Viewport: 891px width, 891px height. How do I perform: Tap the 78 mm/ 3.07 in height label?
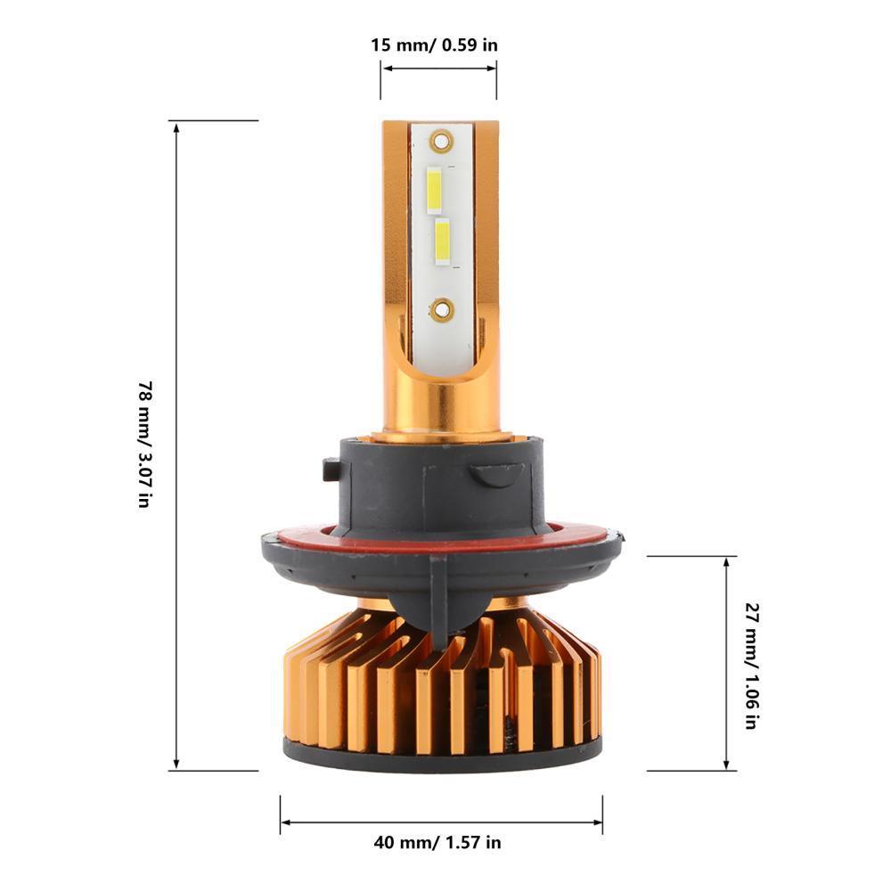[x=143, y=445]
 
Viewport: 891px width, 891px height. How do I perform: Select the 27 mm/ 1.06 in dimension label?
[x=750, y=666]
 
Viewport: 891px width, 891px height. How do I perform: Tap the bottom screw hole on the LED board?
[x=440, y=309]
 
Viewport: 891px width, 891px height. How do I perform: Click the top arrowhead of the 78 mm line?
[x=176, y=127]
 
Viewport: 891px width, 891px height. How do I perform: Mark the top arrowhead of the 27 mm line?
[x=727, y=564]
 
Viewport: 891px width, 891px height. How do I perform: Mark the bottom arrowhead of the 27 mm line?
[x=727, y=764]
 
